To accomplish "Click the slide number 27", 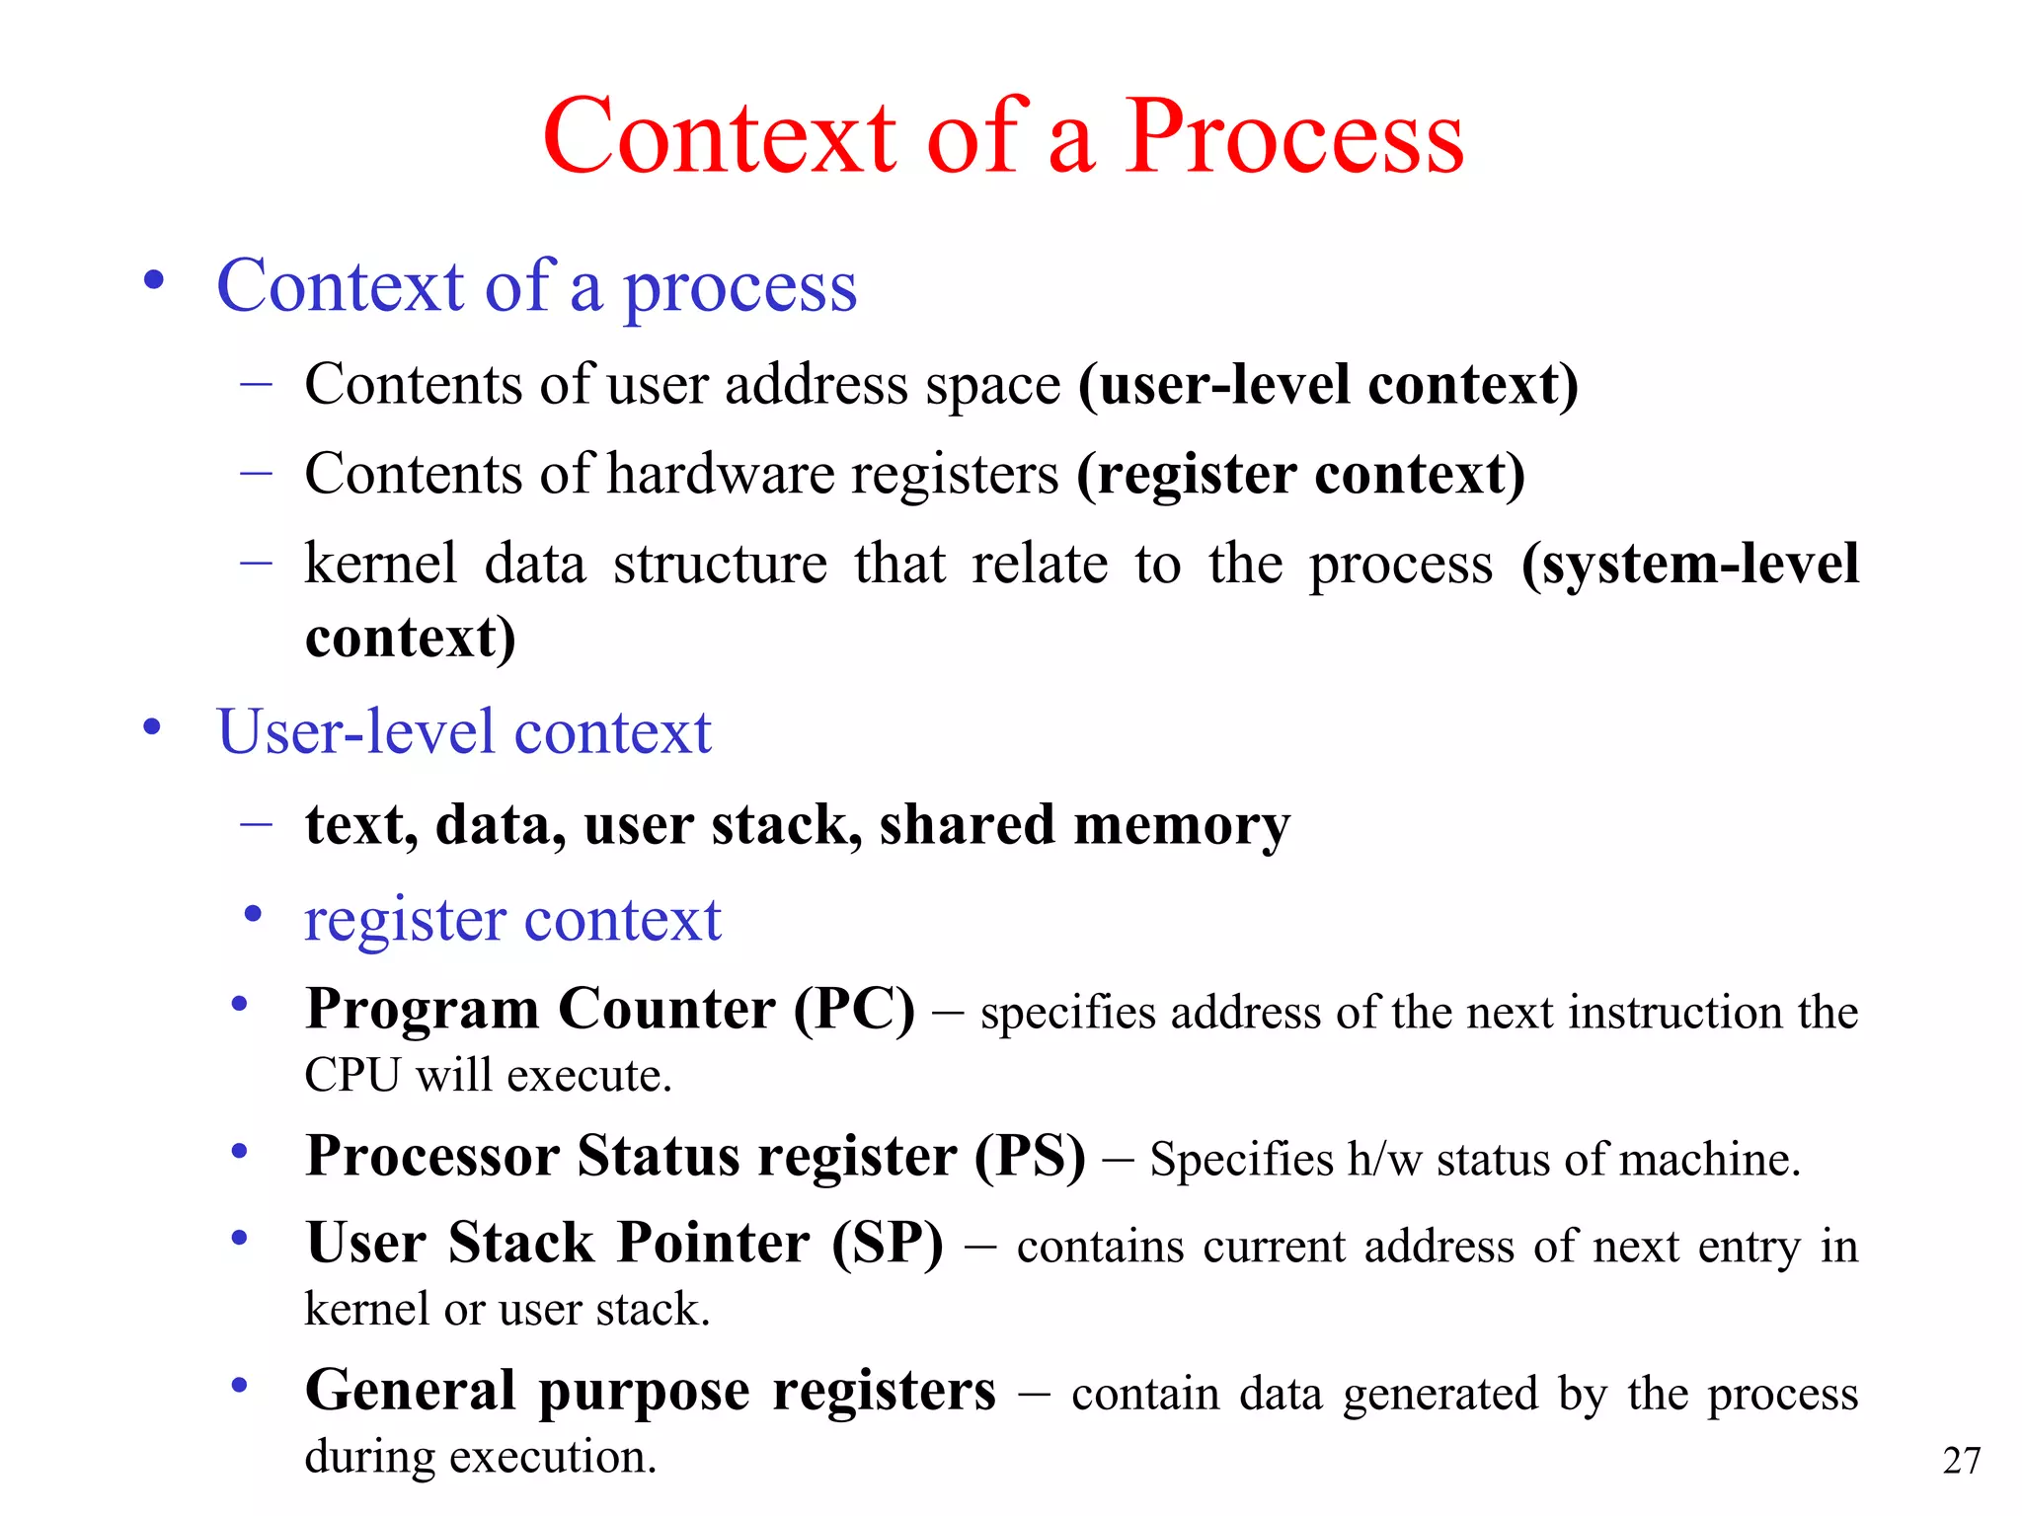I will (x=1961, y=1460).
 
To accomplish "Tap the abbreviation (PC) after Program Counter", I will (x=855, y=1010).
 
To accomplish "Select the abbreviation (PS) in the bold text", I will (x=1030, y=1156).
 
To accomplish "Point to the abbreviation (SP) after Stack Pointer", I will (x=888, y=1243).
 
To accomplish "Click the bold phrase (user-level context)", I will (x=1328, y=385).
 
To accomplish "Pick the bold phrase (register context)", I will (x=1300, y=475).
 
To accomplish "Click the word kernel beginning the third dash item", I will (x=381, y=565).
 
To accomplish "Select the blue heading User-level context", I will (x=464, y=732).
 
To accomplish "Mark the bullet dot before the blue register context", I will (x=253, y=914).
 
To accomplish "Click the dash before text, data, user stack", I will (x=256, y=822).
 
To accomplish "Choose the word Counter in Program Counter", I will (x=666, y=1010).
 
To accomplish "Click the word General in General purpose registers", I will (x=411, y=1391).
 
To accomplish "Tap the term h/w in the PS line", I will (x=1384, y=1160).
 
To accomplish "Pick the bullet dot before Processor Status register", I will (x=239, y=1152).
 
